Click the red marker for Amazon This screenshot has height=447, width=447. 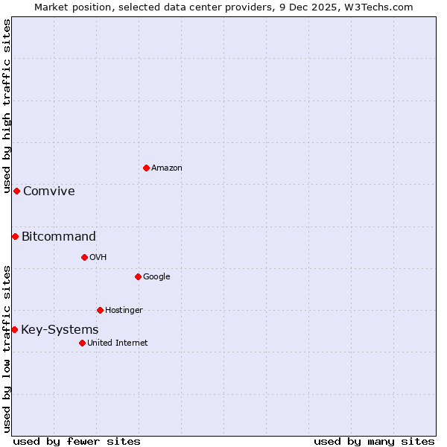pos(146,168)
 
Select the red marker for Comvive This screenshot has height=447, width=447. pos(16,191)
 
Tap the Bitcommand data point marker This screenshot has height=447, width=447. pos(15,236)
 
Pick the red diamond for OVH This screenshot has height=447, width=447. pos(84,257)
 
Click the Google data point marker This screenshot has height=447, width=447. pos(138,276)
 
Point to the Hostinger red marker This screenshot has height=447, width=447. pos(100,310)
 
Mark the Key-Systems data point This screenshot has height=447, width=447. pos(14,329)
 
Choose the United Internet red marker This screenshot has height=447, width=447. pos(82,343)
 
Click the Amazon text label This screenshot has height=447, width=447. pos(167,168)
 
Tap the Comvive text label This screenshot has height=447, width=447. pos(49,191)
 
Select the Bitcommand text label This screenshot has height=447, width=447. pos(59,237)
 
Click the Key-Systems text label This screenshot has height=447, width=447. pos(60,330)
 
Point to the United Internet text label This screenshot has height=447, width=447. pos(118,343)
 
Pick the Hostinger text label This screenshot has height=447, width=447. pos(124,311)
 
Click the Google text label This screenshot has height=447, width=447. pos(156,277)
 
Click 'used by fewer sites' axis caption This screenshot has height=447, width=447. pos(77,441)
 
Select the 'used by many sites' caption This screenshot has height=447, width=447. pos(374,441)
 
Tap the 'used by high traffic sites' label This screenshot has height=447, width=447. pos(7,106)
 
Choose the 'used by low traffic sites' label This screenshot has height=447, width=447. pos(7,349)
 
